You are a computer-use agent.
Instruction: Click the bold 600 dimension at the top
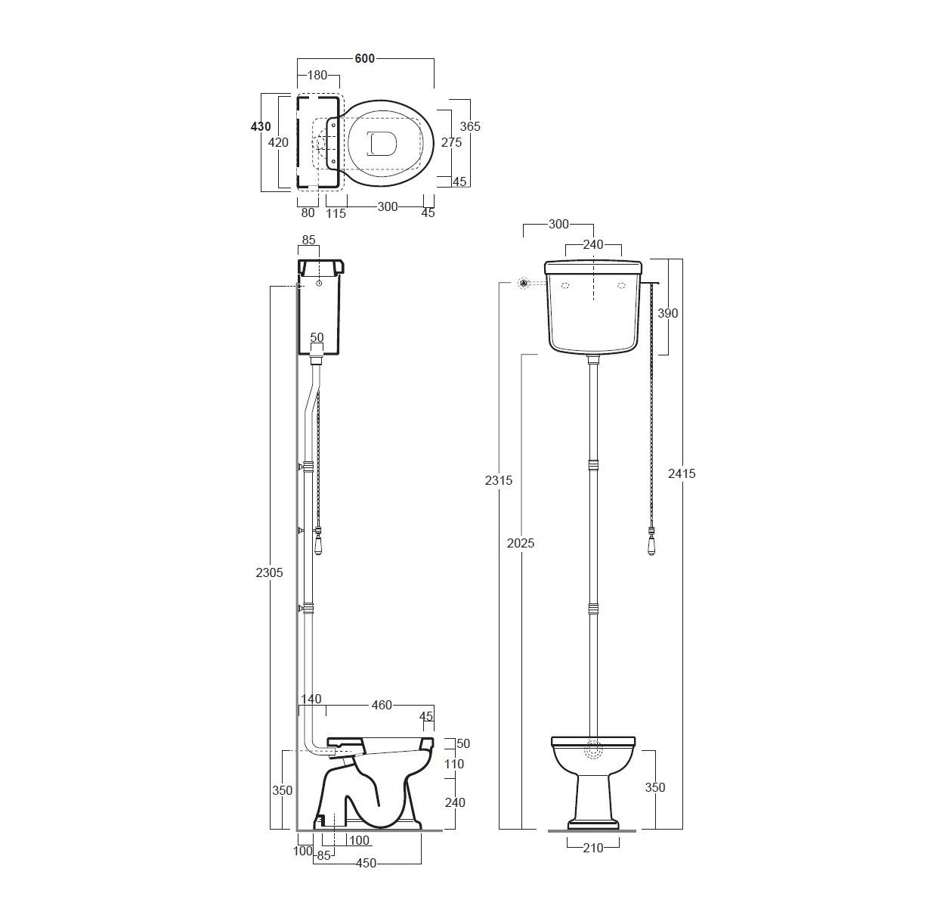(364, 58)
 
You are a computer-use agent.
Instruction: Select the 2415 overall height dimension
(682, 473)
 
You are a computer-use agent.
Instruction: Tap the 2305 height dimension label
(269, 572)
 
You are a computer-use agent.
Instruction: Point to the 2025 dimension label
(521, 543)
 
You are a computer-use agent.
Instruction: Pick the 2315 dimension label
(499, 480)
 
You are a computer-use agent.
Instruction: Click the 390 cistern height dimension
(668, 313)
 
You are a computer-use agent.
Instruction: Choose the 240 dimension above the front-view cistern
(593, 244)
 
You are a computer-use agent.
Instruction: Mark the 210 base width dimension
(593, 848)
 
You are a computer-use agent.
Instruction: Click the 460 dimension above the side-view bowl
(382, 705)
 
